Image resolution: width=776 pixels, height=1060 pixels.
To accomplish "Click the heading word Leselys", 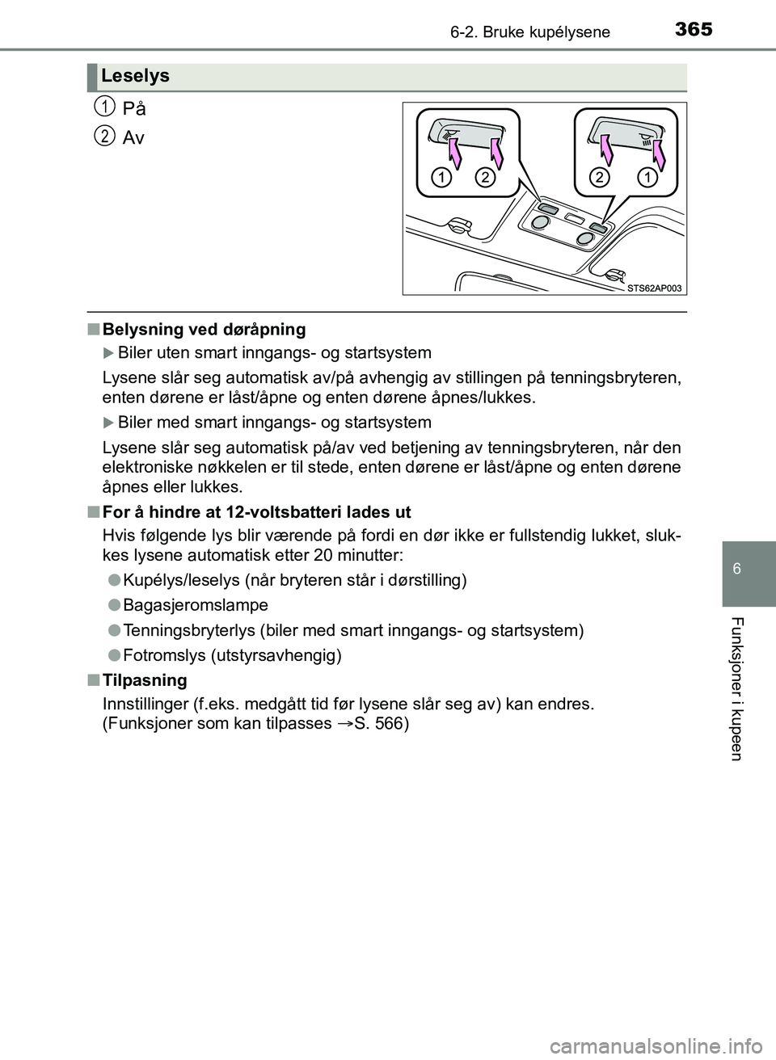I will (136, 76).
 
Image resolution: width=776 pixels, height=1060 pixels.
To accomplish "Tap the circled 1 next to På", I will (103, 106).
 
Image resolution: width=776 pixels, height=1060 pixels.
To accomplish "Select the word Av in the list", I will (133, 138).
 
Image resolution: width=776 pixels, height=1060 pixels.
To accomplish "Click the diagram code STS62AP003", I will (654, 288).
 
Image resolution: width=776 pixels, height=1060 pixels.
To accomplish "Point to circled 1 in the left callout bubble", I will (441, 177).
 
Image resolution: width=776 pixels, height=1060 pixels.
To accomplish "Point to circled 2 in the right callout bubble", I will (599, 177).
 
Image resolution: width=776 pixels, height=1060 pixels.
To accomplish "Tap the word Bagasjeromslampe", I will (196, 605).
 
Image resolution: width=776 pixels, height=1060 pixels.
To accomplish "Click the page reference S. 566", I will (382, 723).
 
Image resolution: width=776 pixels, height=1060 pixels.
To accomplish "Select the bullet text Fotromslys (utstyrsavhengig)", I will (233, 655).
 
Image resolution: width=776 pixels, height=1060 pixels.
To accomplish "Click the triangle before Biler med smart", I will (109, 423).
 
